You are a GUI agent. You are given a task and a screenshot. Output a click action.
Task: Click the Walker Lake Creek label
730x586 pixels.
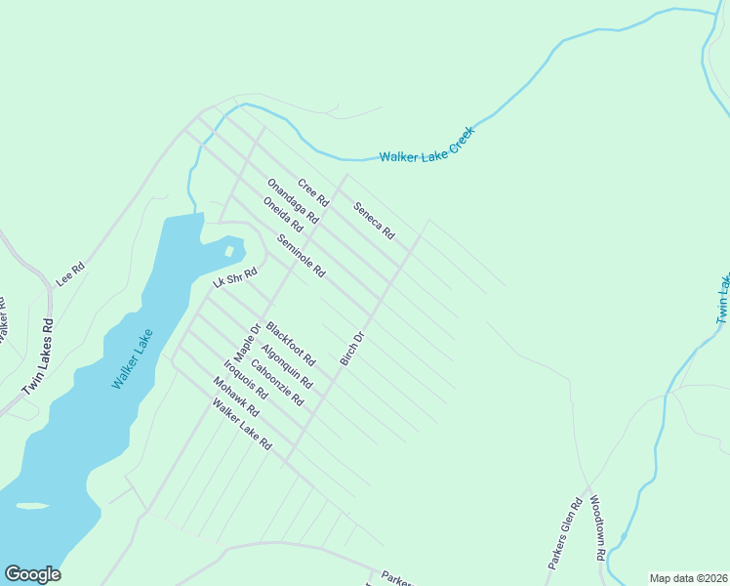click(x=426, y=144)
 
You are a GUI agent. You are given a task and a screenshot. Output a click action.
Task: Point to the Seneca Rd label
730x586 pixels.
click(x=374, y=221)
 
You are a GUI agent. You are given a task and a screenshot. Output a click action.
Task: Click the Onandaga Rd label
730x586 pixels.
click(x=293, y=202)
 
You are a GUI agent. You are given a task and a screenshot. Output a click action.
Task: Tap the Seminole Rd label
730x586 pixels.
click(x=301, y=256)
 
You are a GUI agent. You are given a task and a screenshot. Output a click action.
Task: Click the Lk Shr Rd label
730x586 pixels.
click(x=233, y=279)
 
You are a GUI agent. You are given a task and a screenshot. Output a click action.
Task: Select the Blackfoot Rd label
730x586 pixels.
click(x=291, y=344)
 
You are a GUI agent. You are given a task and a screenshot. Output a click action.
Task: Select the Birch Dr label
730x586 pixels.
click(x=351, y=349)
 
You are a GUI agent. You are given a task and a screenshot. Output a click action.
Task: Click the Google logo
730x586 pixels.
click(x=32, y=574)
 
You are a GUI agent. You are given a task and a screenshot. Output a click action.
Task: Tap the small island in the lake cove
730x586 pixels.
click(x=228, y=251)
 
